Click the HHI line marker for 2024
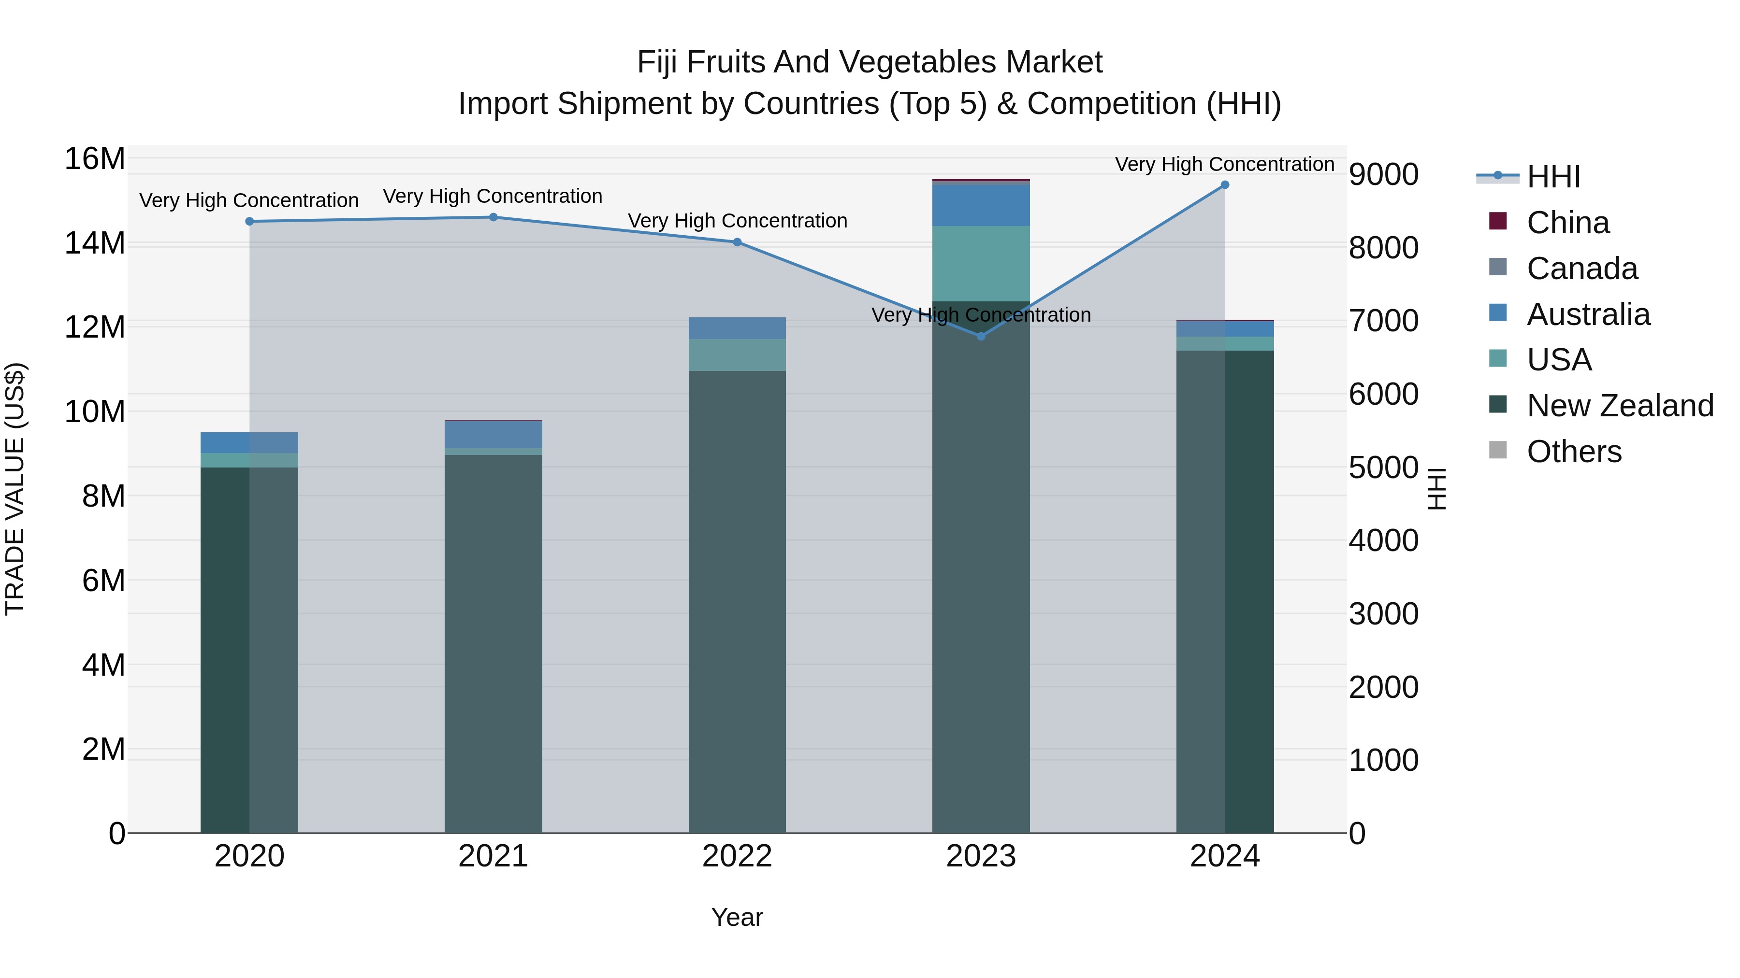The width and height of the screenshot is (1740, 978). tap(1225, 185)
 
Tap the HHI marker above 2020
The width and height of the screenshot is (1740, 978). tap(249, 221)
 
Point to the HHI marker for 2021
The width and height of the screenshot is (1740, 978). tap(493, 217)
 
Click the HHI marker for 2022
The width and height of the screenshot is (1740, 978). tap(737, 242)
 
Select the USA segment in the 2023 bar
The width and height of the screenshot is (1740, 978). tap(981, 263)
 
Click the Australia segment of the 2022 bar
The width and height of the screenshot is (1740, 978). tap(737, 328)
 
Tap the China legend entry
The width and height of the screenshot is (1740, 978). tap(1567, 223)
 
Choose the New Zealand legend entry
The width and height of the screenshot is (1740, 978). tap(1619, 406)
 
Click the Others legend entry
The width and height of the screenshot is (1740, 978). tap(1573, 452)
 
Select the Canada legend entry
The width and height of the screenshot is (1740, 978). tap(1581, 269)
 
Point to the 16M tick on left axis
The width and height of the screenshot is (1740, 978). tap(95, 159)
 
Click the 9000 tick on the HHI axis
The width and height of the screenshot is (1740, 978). tap(1383, 175)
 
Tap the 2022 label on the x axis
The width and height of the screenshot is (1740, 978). tap(737, 856)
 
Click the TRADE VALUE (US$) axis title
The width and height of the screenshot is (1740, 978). tap(15, 489)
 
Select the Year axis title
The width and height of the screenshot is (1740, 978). tap(737, 917)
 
